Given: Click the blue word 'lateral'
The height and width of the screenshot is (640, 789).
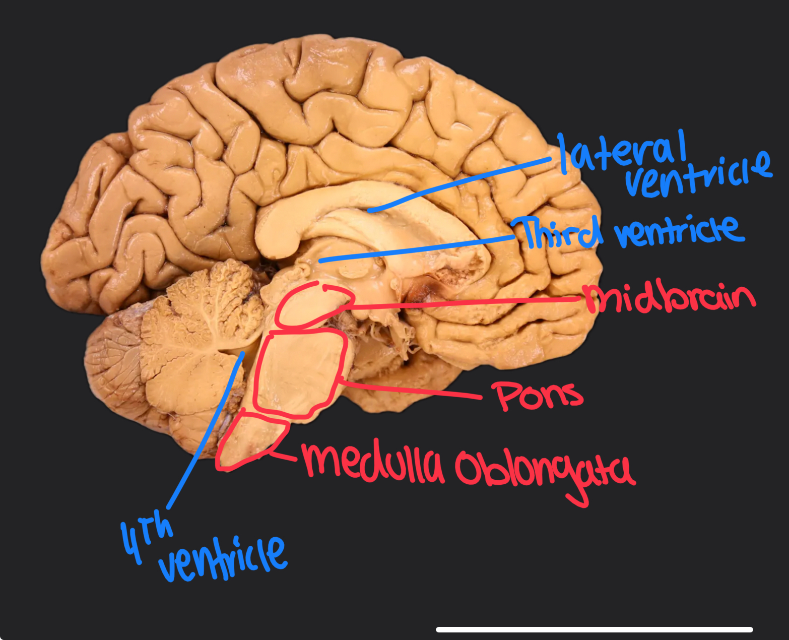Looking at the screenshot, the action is tap(622, 150).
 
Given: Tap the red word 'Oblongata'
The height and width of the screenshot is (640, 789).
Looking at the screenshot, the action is tap(544, 471).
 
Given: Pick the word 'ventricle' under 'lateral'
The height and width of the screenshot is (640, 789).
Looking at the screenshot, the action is tap(698, 174).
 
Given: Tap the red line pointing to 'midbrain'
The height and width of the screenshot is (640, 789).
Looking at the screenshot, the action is tap(464, 303).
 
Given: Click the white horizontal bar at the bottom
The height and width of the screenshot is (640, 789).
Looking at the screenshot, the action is tap(595, 629).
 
